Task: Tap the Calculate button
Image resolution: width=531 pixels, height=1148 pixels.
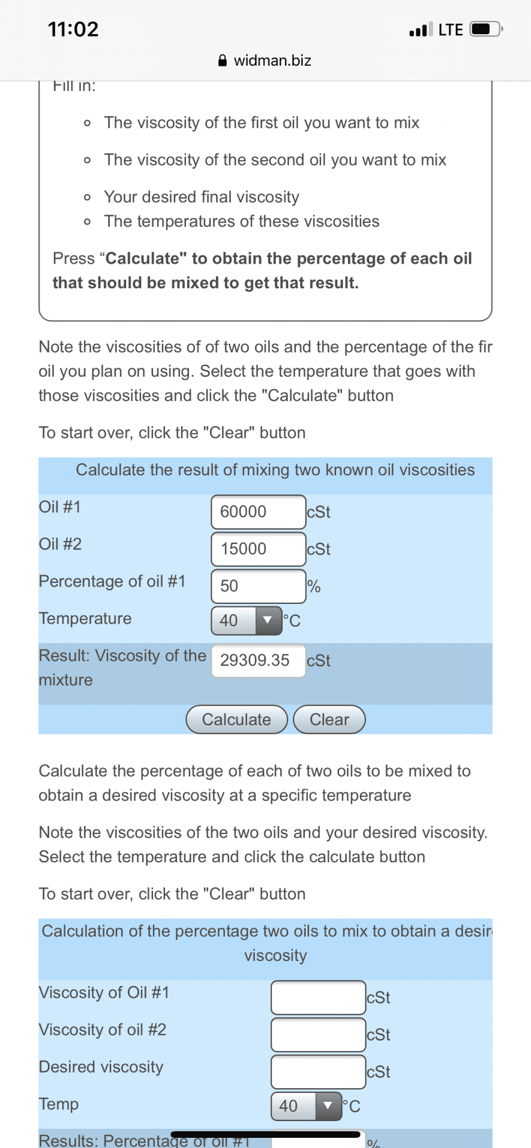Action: [x=237, y=719]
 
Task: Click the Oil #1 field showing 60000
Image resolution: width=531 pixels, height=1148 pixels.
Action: [x=258, y=512]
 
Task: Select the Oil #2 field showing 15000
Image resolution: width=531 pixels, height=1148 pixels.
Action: [x=258, y=549]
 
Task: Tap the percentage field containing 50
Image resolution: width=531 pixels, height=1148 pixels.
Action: [x=258, y=586]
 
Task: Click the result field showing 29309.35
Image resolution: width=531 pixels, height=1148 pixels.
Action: [x=258, y=660]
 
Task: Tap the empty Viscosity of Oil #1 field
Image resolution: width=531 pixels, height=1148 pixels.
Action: [x=318, y=997]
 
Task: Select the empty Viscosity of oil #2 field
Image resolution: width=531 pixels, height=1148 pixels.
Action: [x=318, y=1034]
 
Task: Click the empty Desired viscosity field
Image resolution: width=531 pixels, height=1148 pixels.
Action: [x=318, y=1071]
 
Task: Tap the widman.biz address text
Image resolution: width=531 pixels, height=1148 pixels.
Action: [x=272, y=60]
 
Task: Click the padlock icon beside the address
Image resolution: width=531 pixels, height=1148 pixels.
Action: [x=222, y=60]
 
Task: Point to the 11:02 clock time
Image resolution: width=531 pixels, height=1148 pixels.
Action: [x=73, y=29]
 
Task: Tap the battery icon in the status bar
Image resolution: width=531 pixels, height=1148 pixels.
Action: [x=486, y=29]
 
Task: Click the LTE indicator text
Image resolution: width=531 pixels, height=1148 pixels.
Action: [x=450, y=29]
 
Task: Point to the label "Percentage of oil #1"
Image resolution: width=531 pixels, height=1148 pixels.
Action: [x=112, y=581]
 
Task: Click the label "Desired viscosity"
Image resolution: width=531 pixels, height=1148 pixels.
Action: [x=101, y=1067]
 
